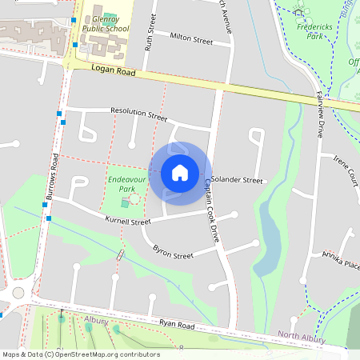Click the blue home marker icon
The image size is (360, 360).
click(180, 172)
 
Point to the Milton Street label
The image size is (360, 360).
click(192, 38)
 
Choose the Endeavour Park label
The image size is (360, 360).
click(124, 185)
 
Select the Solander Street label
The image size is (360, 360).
click(238, 181)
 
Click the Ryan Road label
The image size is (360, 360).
click(177, 325)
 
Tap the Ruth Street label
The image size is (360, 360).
click(148, 36)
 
